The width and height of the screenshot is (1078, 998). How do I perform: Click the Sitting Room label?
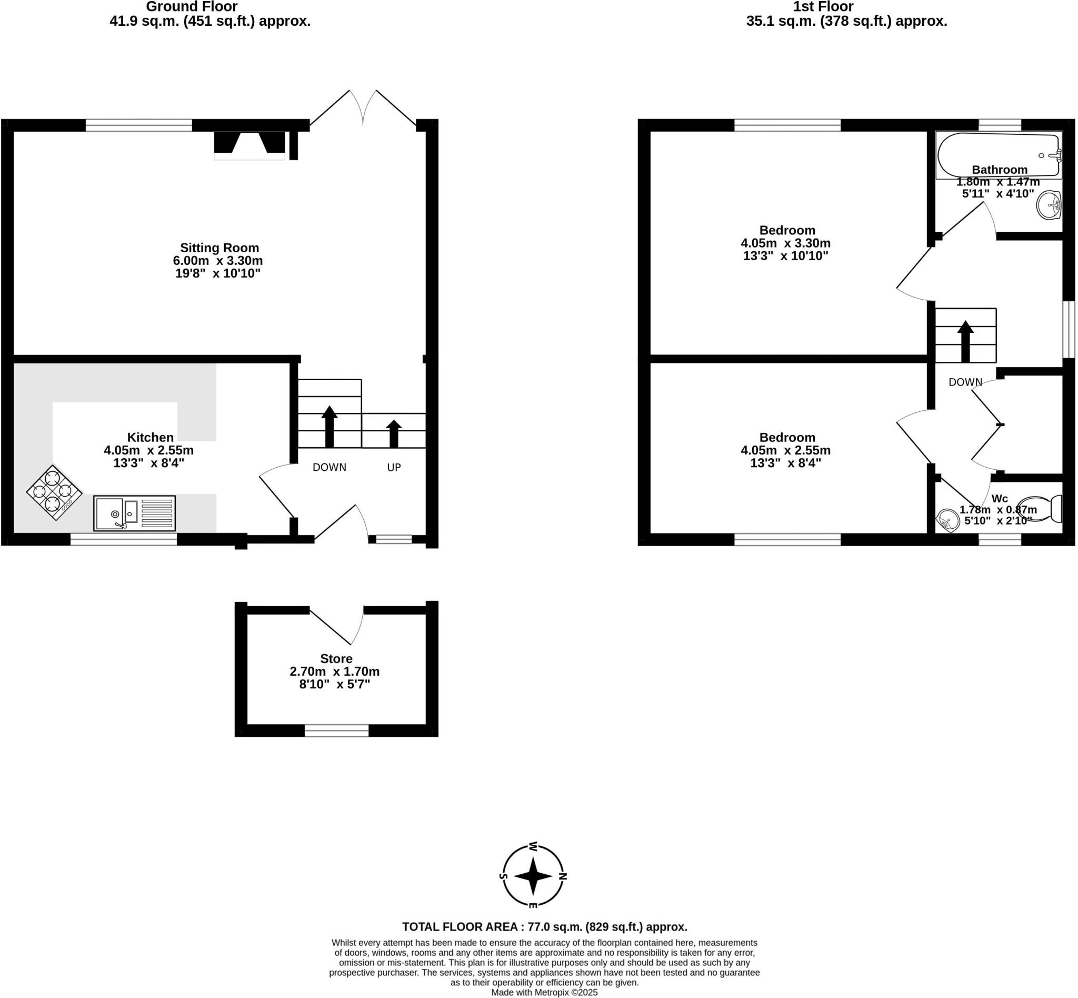(x=219, y=248)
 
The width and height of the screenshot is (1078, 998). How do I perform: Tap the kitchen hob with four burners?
(x=54, y=492)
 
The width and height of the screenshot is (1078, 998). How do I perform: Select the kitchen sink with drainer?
(x=134, y=512)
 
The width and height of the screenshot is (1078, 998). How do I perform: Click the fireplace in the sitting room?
(x=249, y=145)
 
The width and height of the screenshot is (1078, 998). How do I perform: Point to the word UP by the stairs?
(x=394, y=467)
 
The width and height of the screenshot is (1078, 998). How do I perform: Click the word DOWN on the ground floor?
(x=330, y=467)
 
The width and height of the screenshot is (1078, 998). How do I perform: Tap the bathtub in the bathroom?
(x=998, y=155)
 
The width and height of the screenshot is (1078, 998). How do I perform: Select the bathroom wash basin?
(x=1049, y=205)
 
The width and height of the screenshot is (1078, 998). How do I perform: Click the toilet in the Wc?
(x=1042, y=509)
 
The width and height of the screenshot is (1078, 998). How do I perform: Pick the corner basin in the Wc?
(x=947, y=521)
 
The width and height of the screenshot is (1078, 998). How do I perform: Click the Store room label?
(x=336, y=658)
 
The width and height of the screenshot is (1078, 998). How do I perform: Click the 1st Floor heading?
(x=823, y=7)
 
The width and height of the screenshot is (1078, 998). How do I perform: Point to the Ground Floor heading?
(x=192, y=7)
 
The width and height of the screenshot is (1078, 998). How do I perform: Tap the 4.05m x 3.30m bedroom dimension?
(x=785, y=243)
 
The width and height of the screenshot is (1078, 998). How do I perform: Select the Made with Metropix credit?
(x=544, y=992)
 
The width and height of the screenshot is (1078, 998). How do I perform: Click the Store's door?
(x=335, y=627)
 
